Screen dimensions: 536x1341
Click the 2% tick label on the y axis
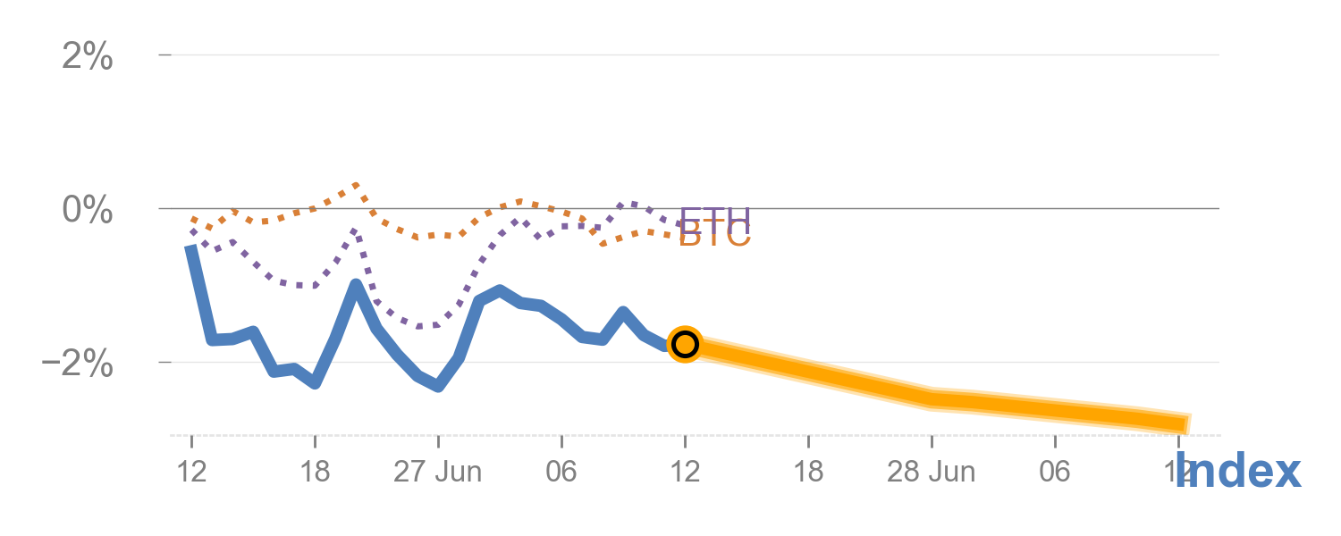(87, 57)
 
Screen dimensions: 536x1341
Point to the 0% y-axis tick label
(87, 211)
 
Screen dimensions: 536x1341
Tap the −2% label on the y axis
(79, 364)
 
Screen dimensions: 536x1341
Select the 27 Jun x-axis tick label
(437, 472)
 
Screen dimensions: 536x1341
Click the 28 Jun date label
(931, 472)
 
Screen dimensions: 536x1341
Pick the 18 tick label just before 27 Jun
(315, 472)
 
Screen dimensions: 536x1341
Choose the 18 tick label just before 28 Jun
(808, 472)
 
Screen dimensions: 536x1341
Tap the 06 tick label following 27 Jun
(561, 472)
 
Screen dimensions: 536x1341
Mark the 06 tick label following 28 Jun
(1055, 472)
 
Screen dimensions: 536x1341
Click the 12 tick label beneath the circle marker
(685, 472)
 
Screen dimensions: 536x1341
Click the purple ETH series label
(714, 217)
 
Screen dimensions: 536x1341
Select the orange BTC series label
(714, 236)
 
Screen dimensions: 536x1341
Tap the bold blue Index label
(1238, 471)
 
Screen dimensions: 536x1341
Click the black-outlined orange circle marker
(685, 344)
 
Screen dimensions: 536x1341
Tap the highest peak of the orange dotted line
(356, 185)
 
